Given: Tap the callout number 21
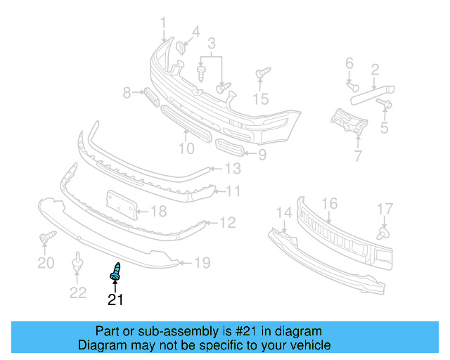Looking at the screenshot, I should [115, 300].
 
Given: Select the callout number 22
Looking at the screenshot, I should [78, 292].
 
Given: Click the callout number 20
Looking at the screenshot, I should [46, 264].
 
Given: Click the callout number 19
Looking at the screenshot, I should [202, 264].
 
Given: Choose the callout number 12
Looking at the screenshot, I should [228, 223].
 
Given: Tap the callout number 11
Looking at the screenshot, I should [233, 191].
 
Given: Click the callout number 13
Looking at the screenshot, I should [232, 169].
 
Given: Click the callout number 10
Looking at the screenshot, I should [186, 148].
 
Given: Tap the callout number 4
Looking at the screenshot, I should [195, 32].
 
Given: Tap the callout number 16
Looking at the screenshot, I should [330, 204].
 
